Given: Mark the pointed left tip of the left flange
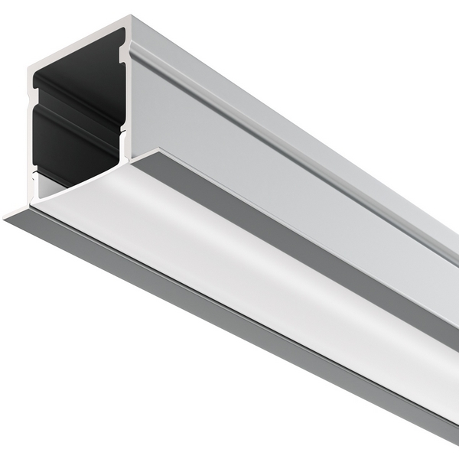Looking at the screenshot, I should [6, 218].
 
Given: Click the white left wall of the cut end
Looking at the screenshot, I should [31, 138].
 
